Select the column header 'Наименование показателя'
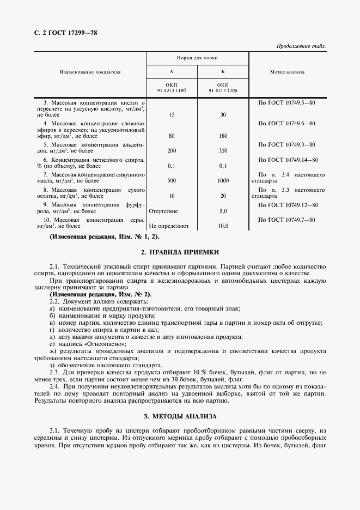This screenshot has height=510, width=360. coord(90,71)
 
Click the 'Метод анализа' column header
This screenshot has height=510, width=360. coord(287,71)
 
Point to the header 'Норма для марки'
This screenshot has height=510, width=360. coord(197,57)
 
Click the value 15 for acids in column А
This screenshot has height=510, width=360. coord(172,115)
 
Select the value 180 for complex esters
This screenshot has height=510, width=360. coord(222,136)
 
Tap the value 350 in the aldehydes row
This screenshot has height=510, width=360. coord(222,150)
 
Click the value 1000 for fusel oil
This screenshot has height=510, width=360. coord(222,180)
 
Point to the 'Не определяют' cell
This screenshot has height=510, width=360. coord(169,225)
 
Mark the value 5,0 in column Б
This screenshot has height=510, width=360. coord(222,210)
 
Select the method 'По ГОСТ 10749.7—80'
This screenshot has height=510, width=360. coord(288,219)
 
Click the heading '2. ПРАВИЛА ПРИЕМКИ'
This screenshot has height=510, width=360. coord(180,253)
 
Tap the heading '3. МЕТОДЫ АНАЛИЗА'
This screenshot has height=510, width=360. coord(180,416)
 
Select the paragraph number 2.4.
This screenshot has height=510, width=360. coord(55,386)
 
